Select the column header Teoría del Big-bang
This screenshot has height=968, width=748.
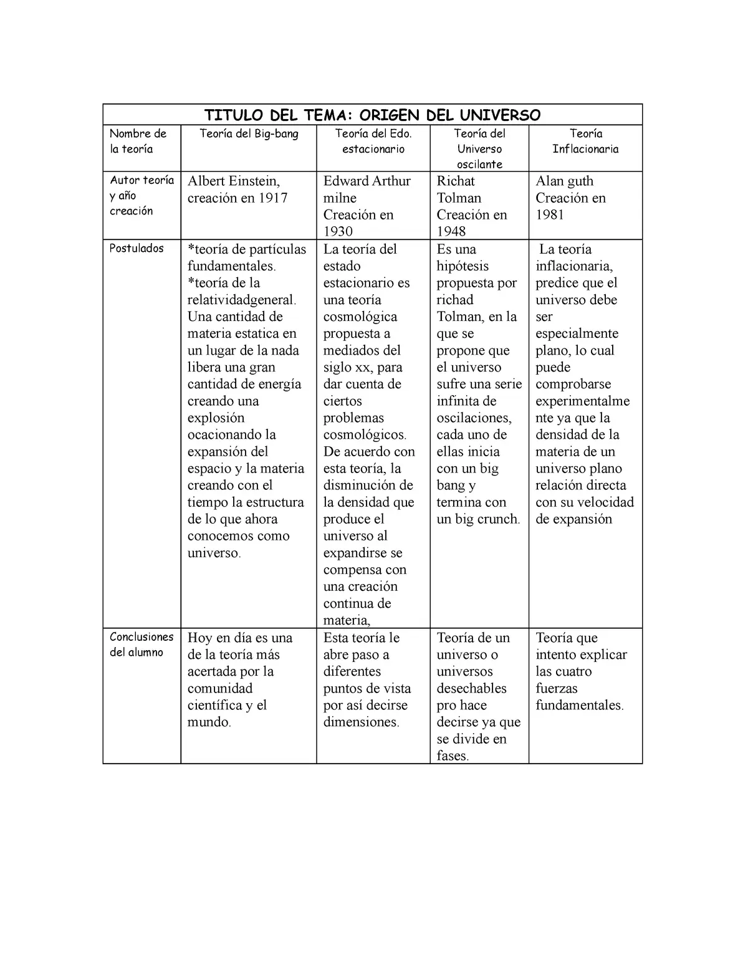(x=249, y=133)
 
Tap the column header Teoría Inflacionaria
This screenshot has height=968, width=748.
(x=585, y=141)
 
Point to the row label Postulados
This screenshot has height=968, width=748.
(x=137, y=248)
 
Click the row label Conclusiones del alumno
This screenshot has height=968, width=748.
(x=141, y=645)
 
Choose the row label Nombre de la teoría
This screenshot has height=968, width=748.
(x=138, y=141)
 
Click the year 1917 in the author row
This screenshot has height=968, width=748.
(x=273, y=198)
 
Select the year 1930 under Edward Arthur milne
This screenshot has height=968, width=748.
(x=338, y=231)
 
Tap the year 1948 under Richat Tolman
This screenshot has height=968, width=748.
(x=451, y=231)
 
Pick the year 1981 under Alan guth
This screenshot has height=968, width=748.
(x=550, y=215)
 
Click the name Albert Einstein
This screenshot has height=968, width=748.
(x=234, y=181)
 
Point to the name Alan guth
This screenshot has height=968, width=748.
(x=564, y=181)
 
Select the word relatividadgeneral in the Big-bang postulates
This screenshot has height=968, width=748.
(x=240, y=300)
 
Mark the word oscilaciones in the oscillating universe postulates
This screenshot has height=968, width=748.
(x=473, y=418)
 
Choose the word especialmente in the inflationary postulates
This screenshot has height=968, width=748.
(x=577, y=333)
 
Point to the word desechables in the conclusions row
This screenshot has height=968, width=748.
(x=471, y=688)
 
